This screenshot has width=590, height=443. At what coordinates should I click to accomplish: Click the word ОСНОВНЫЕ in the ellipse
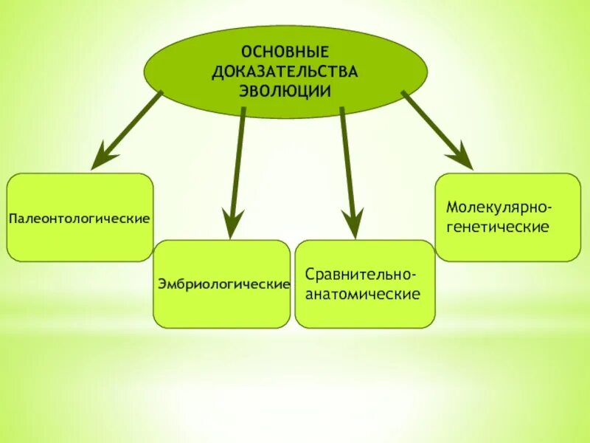(285, 53)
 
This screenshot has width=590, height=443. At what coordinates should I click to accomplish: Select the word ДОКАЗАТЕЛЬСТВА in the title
(285, 72)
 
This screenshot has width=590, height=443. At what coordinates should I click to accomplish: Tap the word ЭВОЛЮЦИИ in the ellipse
(285, 90)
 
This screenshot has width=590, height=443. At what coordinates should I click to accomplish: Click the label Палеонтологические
(80, 219)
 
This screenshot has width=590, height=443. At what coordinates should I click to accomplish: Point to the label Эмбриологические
(222, 284)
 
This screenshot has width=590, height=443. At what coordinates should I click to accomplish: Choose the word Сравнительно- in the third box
(361, 275)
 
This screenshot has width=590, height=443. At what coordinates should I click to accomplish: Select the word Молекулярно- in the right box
(499, 205)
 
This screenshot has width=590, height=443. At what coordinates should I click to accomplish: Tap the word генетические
(497, 226)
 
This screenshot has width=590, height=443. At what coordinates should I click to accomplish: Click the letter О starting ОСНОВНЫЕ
(247, 53)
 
